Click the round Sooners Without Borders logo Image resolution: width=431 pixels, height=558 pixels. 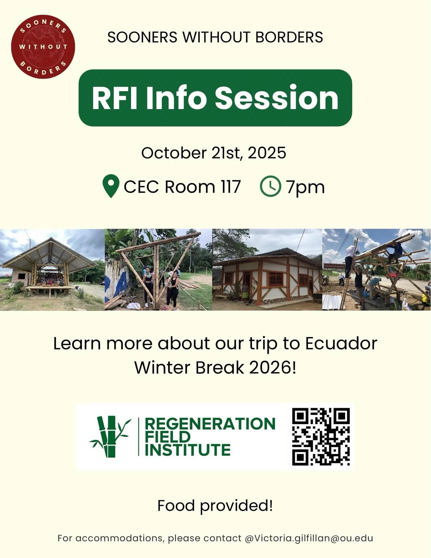[x=43, y=47]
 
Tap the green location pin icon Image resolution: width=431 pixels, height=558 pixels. [x=111, y=185]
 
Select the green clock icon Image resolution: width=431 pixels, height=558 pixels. [x=271, y=186]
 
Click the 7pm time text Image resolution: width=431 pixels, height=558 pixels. [x=305, y=187]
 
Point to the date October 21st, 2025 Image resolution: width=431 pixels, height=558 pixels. [x=214, y=153]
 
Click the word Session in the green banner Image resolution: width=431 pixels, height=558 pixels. [x=277, y=98]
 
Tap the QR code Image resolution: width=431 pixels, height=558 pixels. [x=321, y=436]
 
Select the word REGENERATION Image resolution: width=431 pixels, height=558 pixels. [x=210, y=424]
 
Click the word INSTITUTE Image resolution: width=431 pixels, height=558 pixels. [x=188, y=450]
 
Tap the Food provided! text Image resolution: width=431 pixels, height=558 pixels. [x=215, y=506]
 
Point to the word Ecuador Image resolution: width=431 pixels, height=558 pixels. [x=341, y=343]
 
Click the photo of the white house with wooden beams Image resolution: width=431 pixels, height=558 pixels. [x=267, y=270]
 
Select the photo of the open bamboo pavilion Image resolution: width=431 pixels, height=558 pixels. [x=52, y=270]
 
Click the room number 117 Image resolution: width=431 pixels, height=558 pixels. [x=231, y=187]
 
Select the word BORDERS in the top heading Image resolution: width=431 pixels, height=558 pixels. [x=289, y=37]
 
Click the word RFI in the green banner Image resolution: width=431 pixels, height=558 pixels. [x=115, y=98]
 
